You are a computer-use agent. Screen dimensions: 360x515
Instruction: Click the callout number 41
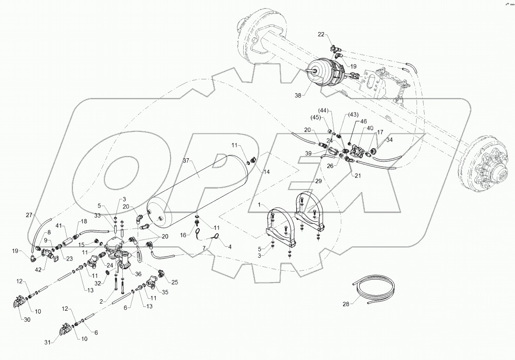coord(58,226)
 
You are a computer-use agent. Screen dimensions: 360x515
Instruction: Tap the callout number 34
coord(390,141)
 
